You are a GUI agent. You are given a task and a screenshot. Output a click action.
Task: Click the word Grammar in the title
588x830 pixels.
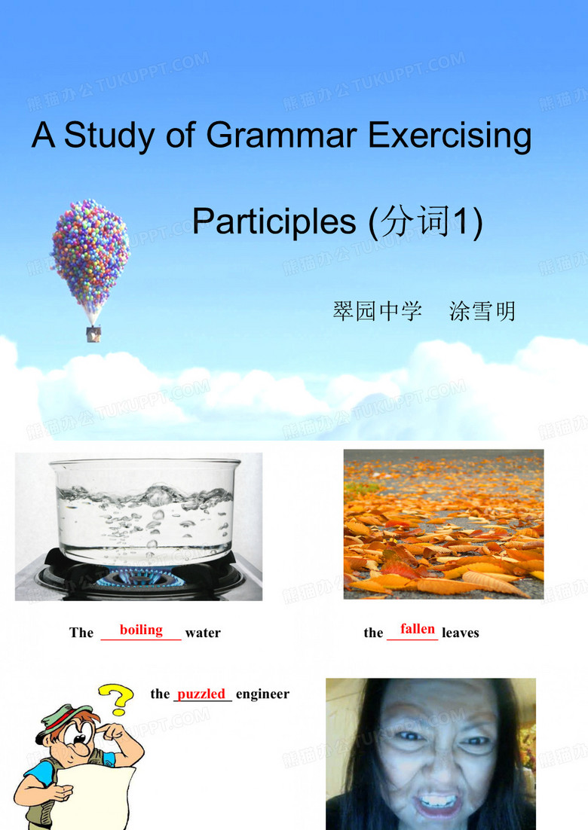coord(280,135)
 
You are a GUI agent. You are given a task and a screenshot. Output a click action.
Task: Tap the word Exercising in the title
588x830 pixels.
coord(449,136)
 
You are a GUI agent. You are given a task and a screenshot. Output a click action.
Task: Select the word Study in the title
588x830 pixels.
coord(109,136)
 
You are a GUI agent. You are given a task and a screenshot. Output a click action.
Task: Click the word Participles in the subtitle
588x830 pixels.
coord(274,221)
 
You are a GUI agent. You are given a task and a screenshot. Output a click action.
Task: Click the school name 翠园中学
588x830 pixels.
coord(377,311)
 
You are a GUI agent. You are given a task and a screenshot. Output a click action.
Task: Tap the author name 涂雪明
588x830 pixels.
coord(482,311)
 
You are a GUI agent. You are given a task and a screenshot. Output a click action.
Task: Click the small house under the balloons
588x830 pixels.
coord(93,334)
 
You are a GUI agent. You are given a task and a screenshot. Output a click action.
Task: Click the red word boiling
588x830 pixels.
coord(141,630)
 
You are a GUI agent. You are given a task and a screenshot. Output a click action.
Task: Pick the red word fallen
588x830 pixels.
coord(418,629)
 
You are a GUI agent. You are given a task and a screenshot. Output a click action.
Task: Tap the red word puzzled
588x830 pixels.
coord(201,694)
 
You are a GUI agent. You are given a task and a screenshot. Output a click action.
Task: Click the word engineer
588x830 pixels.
coord(263,694)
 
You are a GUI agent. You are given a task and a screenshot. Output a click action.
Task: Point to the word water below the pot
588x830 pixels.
coord(203,633)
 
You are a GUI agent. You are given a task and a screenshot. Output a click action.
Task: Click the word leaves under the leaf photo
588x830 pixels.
coord(461,633)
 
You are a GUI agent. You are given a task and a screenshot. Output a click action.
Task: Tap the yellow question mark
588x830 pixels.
coord(117,699)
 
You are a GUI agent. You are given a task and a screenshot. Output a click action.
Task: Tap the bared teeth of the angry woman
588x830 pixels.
coord(436,801)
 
